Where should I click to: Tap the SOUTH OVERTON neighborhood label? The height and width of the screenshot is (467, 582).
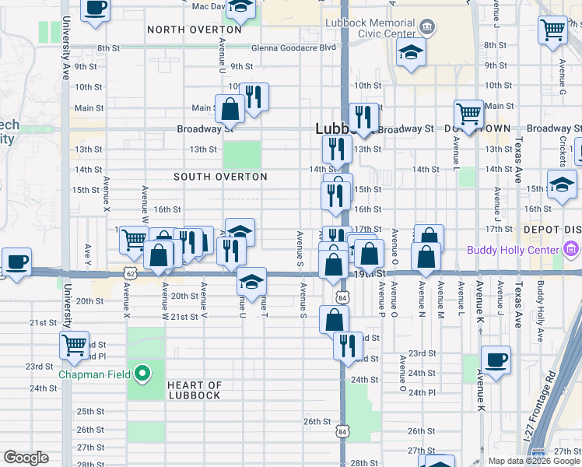pos(220,177)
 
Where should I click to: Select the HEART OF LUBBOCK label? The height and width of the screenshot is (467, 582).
pos(194,390)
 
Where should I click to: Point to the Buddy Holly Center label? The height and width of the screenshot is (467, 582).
pos(513,250)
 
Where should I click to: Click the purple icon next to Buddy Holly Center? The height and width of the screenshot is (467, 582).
pos(572,249)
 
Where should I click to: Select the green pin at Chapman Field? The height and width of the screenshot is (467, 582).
pos(142,374)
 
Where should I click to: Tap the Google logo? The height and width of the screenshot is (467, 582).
pos(26,458)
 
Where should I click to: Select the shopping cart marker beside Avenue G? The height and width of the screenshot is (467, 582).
pos(552,31)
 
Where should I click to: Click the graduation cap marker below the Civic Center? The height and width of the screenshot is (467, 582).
pos(410,54)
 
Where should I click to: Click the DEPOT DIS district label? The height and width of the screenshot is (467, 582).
pos(553,229)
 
